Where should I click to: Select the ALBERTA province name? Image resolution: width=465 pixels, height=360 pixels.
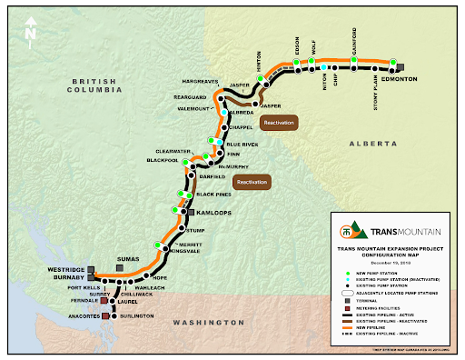373,145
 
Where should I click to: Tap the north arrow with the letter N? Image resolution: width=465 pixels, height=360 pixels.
32,29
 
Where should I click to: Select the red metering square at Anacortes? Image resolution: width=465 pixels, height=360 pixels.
105,317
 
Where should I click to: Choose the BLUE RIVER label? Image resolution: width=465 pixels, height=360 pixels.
242,145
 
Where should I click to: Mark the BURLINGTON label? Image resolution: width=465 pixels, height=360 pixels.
137,317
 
